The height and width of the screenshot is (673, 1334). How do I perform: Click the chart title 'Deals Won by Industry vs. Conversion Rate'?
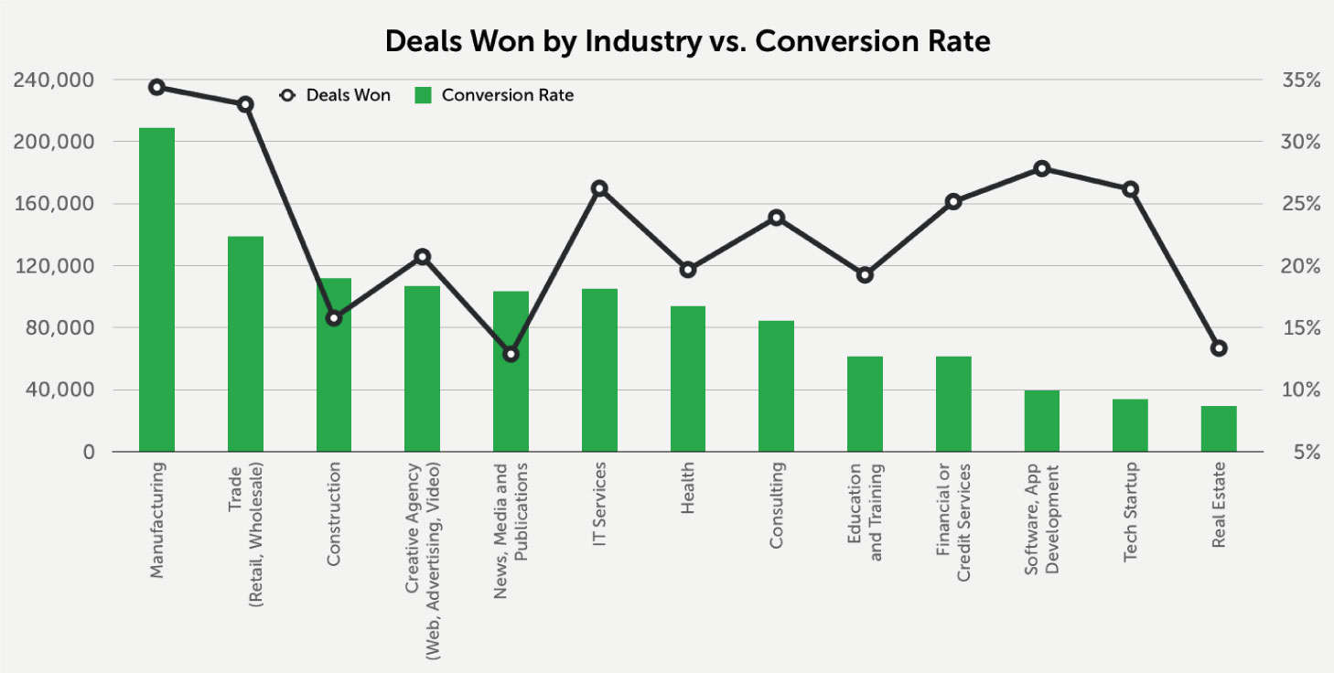click(x=687, y=41)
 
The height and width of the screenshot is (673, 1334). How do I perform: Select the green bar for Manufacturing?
click(x=156, y=289)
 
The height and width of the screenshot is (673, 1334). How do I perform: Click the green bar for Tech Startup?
click(x=1130, y=425)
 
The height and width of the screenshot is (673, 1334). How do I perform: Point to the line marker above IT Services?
click(x=599, y=188)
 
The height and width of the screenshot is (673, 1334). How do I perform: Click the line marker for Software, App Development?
click(x=1041, y=168)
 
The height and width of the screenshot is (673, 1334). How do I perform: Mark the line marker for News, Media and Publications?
click(x=511, y=354)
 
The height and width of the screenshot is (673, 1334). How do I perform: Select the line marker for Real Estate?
click(x=1218, y=348)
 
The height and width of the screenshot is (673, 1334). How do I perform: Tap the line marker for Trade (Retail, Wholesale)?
click(x=245, y=104)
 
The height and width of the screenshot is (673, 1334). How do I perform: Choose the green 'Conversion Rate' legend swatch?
click(x=422, y=95)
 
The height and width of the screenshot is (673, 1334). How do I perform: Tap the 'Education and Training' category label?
click(x=865, y=511)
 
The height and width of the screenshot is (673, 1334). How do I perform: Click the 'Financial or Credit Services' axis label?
click(x=952, y=522)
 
